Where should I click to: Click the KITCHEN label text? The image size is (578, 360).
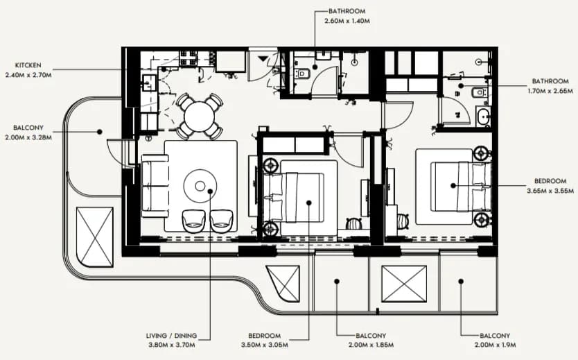pyautogui.click(x=28, y=65)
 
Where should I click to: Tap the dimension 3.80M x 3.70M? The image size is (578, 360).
pyautogui.click(x=172, y=345)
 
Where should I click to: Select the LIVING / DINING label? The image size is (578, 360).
pyautogui.click(x=171, y=336)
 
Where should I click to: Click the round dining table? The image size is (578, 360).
pyautogui.click(x=200, y=117)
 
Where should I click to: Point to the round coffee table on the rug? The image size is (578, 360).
pyautogui.click(x=200, y=186)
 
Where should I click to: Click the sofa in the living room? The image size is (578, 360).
pyautogui.click(x=155, y=185)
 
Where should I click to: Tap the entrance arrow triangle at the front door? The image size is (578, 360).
pyautogui.click(x=263, y=58)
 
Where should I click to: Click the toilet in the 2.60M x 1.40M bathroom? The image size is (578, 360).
pyautogui.click(x=303, y=74)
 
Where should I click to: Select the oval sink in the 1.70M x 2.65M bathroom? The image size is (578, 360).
pyautogui.click(x=482, y=118)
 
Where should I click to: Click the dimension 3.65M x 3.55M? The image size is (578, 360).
pyautogui.click(x=550, y=191)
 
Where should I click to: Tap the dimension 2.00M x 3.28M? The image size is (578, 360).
pyautogui.click(x=28, y=137)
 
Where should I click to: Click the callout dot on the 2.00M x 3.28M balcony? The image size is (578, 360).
pyautogui.click(x=100, y=132)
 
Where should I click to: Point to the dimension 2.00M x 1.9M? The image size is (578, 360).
pyautogui.click(x=495, y=345)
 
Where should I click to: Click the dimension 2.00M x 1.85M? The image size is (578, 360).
pyautogui.click(x=371, y=345)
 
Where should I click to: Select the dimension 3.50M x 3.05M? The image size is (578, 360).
pyautogui.click(x=265, y=345)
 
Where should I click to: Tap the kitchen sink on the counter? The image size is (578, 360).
pyautogui.click(x=149, y=83)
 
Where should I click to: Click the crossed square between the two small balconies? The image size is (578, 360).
pyautogui.click(x=404, y=284)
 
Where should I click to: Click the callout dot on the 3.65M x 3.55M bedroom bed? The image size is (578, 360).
pyautogui.click(x=453, y=186)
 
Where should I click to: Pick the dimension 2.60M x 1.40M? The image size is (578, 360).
pyautogui.click(x=347, y=21)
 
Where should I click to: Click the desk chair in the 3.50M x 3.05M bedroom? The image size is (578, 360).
pyautogui.click(x=354, y=223)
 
